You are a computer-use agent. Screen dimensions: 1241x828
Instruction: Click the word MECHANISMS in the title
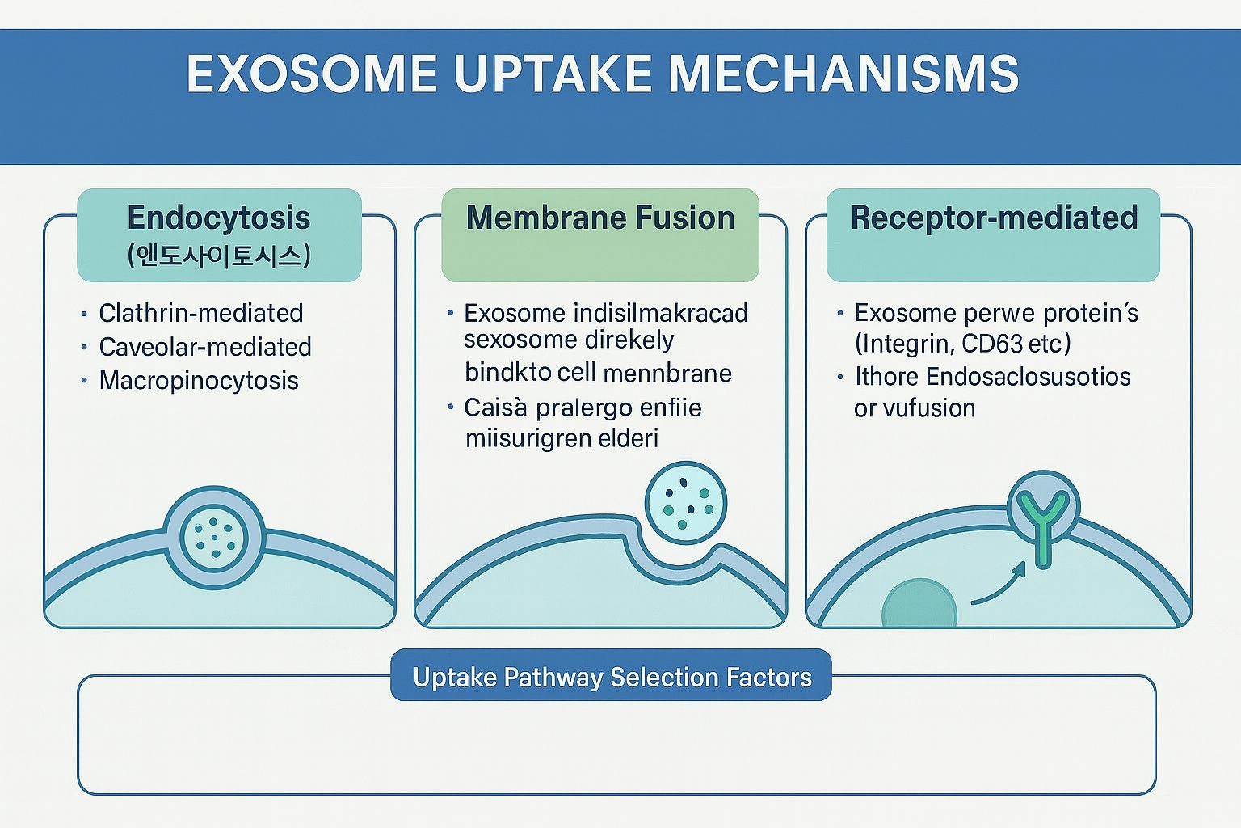[843, 74]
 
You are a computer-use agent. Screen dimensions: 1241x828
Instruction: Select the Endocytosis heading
[219, 218]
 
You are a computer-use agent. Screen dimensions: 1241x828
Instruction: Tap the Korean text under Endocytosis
[219, 256]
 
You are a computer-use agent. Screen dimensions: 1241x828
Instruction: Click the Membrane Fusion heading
[600, 218]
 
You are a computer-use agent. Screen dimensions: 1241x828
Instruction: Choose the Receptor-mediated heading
[994, 218]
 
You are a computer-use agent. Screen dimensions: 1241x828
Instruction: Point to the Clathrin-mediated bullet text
[201, 314]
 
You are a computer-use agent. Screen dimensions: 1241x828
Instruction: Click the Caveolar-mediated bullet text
[205, 347]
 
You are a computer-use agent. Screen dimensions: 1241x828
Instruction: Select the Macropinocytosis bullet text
[199, 381]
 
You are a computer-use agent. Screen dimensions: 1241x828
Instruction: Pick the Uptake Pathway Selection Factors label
[612, 677]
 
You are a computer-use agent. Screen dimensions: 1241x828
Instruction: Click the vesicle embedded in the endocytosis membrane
[214, 538]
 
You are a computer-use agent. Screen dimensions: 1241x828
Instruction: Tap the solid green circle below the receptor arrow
[919, 603]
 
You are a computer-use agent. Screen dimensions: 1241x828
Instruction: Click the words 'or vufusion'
[915, 408]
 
